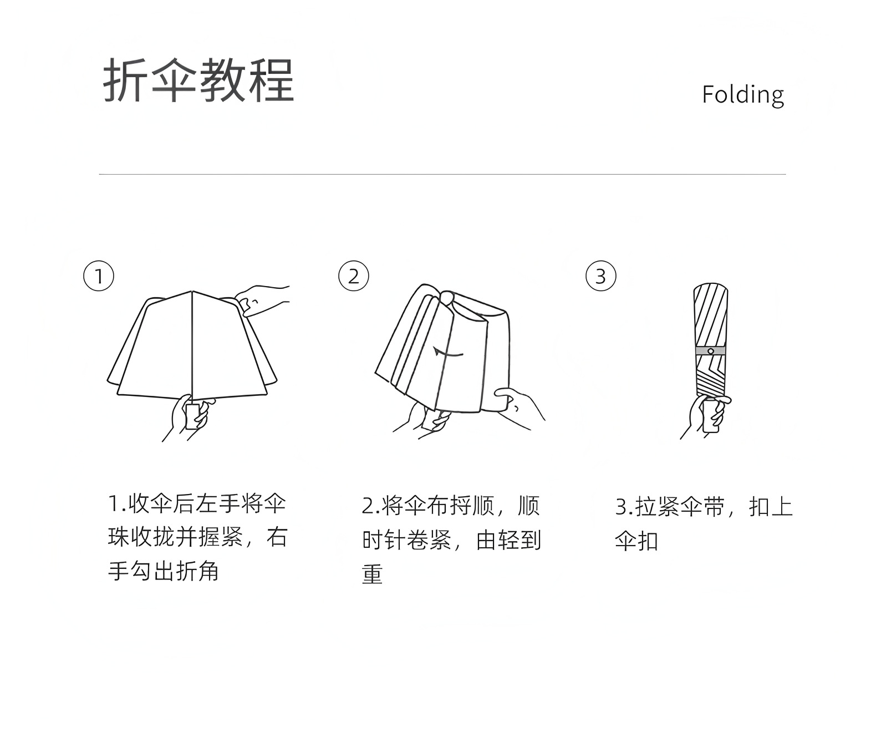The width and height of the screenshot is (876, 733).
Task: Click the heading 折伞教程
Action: click(x=198, y=80)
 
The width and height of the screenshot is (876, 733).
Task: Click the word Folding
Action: click(x=742, y=95)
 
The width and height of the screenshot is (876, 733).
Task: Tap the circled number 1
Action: click(x=99, y=276)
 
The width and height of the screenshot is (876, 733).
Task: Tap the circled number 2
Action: click(x=353, y=276)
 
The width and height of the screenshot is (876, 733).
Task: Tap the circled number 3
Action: click(x=600, y=276)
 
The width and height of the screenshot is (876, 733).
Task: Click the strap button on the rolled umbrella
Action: click(x=710, y=351)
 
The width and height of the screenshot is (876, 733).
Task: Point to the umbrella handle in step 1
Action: click(x=192, y=416)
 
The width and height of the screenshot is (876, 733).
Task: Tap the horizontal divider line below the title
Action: click(x=442, y=174)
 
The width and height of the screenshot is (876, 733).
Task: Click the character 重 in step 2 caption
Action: click(x=373, y=574)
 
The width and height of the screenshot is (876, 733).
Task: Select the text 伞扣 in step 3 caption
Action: click(x=636, y=540)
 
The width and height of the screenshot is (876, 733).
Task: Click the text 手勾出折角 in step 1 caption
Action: click(x=164, y=571)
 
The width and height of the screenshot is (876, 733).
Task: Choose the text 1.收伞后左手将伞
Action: click(x=197, y=504)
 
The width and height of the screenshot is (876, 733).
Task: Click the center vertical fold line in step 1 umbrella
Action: click(x=192, y=344)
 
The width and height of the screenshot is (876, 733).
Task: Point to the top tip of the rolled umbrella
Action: click(x=710, y=286)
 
